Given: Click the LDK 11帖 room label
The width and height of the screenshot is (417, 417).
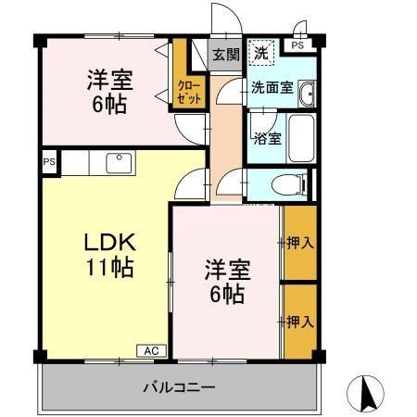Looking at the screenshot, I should click(x=109, y=256).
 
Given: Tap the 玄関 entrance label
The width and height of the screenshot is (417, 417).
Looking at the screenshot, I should click(x=225, y=55).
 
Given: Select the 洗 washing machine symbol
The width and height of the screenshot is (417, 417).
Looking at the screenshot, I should click(x=263, y=54).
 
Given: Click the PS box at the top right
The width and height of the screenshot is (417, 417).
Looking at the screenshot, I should click(x=298, y=44).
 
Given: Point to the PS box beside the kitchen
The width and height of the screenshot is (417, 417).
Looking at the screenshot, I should click(x=48, y=161).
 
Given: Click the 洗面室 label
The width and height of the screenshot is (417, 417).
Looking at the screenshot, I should click(x=272, y=89).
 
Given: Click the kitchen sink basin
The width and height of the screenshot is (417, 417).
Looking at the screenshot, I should click(x=119, y=163).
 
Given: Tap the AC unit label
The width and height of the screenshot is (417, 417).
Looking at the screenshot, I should click(x=150, y=350).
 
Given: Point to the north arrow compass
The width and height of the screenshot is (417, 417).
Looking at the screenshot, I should click(x=367, y=394).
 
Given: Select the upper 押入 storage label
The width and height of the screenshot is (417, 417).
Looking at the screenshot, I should click(x=298, y=243).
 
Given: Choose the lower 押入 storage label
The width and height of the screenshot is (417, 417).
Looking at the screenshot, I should click(x=298, y=322).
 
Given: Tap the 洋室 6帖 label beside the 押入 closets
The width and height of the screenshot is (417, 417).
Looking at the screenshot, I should click(x=225, y=282).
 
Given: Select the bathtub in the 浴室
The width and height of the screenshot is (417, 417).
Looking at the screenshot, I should click(x=299, y=136).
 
